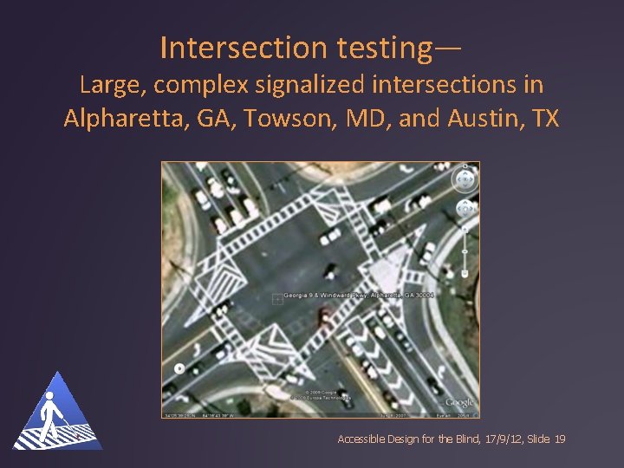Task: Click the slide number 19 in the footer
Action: (x=559, y=440)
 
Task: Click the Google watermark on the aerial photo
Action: (x=458, y=403)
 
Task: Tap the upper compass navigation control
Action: (x=465, y=180)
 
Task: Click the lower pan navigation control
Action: (x=465, y=209)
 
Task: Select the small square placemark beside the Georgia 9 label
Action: (x=276, y=299)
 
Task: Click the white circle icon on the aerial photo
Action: (x=179, y=368)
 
